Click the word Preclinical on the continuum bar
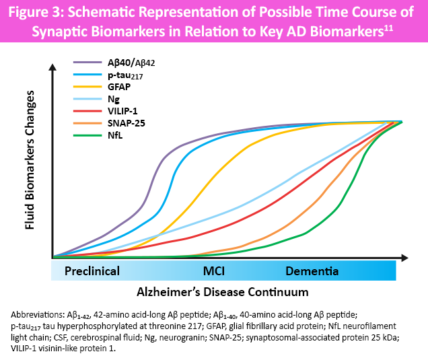(x=92, y=271)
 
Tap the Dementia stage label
(x=312, y=271)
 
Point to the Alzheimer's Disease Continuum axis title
(x=223, y=292)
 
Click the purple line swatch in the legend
(x=87, y=62)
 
